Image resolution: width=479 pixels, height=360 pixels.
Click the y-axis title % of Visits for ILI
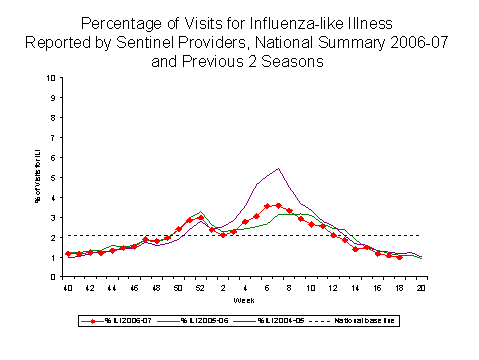(39, 168)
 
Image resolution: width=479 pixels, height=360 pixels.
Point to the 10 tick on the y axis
(52, 77)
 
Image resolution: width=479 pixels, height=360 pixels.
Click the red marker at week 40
(68, 254)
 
